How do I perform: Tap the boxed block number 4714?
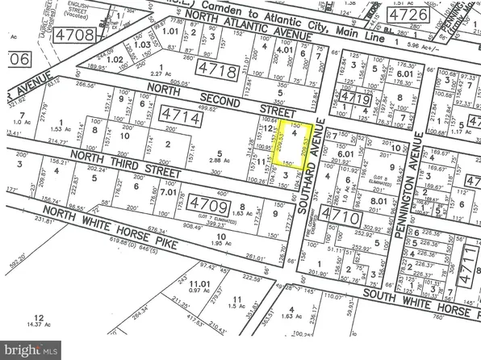[x=180, y=117]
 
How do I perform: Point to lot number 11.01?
[x=197, y=285]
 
